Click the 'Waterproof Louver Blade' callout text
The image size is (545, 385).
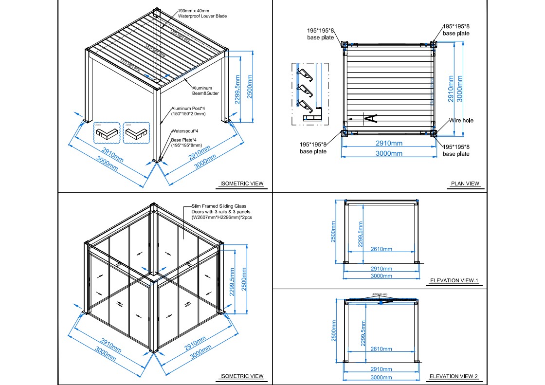(x=202, y=16)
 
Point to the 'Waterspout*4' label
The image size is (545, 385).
(x=184, y=131)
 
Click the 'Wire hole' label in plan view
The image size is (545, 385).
(x=460, y=120)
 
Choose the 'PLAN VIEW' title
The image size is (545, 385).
(x=465, y=183)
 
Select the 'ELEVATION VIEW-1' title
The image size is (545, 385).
(x=454, y=280)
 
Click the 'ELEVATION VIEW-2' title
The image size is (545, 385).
(x=454, y=376)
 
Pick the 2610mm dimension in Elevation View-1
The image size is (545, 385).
(x=381, y=249)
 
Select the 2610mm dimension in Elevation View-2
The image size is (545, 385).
(x=381, y=348)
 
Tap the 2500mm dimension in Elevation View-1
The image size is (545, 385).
(x=334, y=231)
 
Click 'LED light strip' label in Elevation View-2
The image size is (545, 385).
(x=381, y=294)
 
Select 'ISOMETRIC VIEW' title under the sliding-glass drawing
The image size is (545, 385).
(x=242, y=376)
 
